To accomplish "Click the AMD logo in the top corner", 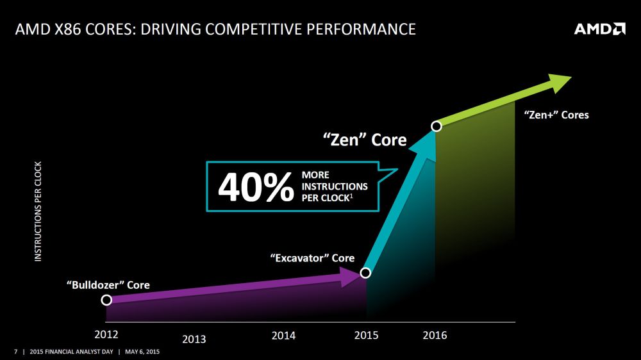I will coord(599,29).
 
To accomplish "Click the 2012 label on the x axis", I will coord(106,334).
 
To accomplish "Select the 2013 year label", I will coord(194,339).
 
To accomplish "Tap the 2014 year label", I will coord(283,335).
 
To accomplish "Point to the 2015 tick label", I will coord(367,335).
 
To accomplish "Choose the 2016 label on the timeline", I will coord(435,335).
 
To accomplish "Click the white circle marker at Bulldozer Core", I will coord(107,300).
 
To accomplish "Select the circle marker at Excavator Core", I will coord(365,273).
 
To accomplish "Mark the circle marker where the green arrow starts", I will coord(437,126).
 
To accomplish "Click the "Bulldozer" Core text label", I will coord(108,285).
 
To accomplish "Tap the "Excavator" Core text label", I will coord(312,258).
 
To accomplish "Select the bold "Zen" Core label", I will coord(364,139).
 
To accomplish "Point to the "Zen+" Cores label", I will coord(556,115).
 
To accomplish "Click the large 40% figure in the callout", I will coord(254,187).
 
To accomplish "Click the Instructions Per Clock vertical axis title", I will coord(38,211).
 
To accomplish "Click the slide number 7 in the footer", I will coord(16,352).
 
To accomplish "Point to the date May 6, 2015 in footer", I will coord(142,352).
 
